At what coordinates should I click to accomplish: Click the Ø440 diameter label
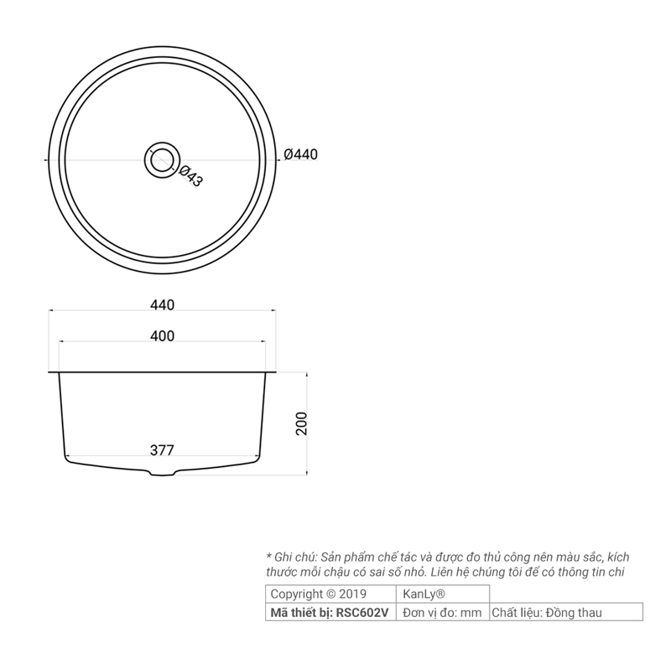click(301, 154)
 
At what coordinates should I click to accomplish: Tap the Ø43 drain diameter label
click(190, 176)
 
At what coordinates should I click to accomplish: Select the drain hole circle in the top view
click(162, 160)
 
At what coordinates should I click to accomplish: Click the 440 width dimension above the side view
click(162, 305)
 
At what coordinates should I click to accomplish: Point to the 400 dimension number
click(162, 336)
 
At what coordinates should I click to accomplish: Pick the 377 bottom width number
click(162, 450)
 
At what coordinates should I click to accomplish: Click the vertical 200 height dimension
click(302, 423)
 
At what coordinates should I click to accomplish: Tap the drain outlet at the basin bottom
click(162, 472)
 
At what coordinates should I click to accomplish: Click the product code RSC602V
click(362, 613)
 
